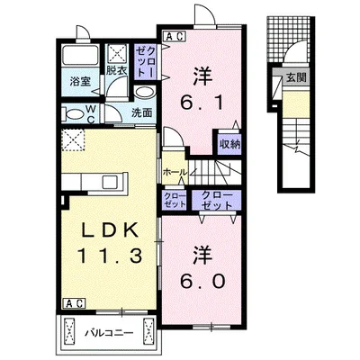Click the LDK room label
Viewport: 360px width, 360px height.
110,231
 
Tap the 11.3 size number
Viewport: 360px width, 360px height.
110,256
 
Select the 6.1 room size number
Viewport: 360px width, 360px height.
202,103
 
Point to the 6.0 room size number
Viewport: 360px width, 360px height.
202,281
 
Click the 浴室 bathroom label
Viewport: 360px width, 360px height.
80,82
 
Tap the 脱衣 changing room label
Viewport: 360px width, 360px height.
116,71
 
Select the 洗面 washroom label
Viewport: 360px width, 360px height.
142,112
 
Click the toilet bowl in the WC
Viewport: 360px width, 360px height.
75,114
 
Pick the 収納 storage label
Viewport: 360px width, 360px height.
229,144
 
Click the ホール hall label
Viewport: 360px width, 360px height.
175,172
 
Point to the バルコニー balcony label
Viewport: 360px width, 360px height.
109,333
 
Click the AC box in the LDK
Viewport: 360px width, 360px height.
74,303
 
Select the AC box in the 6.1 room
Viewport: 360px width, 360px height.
175,36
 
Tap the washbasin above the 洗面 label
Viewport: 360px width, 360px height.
145,92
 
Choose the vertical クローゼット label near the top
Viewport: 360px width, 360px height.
146,63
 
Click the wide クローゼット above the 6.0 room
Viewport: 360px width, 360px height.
217,201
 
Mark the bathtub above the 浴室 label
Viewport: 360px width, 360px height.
80,56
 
